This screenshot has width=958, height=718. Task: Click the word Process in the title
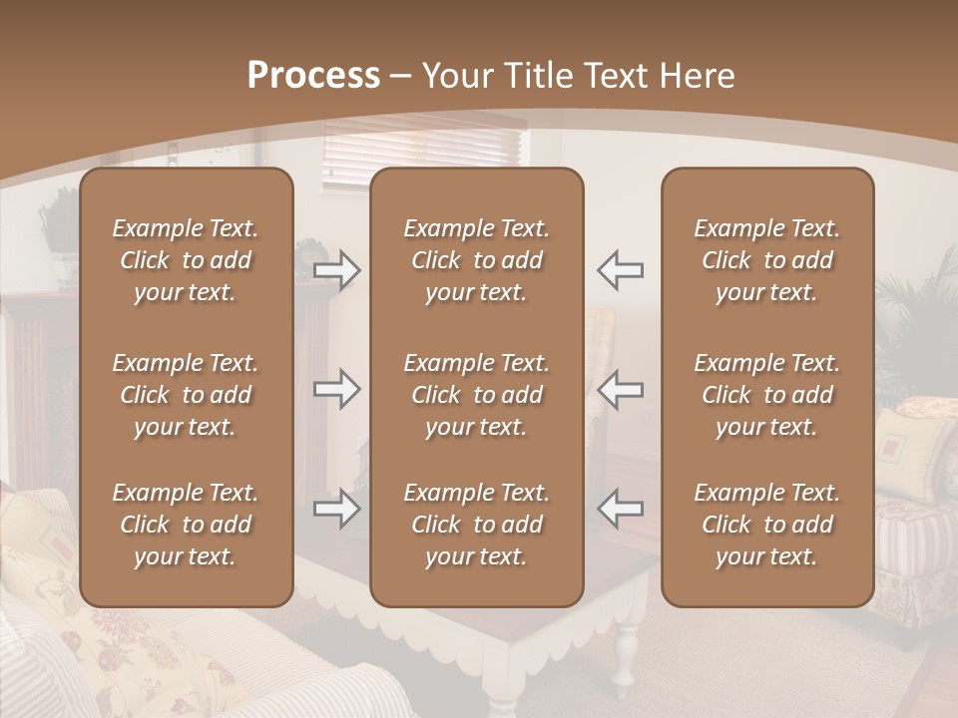click(x=313, y=76)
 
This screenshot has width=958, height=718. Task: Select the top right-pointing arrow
click(x=336, y=270)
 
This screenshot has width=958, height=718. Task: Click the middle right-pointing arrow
click(x=336, y=389)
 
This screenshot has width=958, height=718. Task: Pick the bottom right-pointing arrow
click(x=336, y=509)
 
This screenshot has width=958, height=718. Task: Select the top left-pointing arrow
click(x=620, y=270)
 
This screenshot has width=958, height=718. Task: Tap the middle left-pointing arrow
click(x=620, y=389)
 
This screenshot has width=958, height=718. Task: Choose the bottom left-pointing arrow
click(x=620, y=509)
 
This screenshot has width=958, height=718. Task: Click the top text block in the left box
click(x=186, y=260)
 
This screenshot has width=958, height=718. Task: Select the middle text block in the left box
click(x=186, y=395)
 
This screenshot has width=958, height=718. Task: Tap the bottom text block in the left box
click(x=186, y=525)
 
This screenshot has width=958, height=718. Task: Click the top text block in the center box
click(x=476, y=260)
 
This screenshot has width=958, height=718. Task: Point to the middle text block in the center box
click(x=476, y=395)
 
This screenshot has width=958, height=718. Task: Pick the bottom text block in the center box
click(x=476, y=525)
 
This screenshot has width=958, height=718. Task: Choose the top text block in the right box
click(x=766, y=260)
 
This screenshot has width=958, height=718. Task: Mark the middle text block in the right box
click(x=766, y=395)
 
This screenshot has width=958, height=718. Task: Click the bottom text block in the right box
click(x=766, y=525)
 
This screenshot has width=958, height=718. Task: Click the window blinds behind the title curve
click(x=424, y=150)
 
